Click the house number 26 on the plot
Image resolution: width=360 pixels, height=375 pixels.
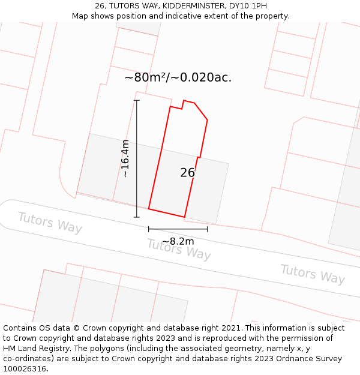(x=187, y=173)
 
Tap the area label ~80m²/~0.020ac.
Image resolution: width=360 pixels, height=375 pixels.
(x=178, y=77)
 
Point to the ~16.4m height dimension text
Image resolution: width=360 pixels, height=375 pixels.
(x=125, y=158)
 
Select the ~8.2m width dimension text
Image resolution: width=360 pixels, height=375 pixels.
(x=178, y=241)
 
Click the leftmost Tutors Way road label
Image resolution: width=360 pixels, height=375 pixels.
(x=50, y=223)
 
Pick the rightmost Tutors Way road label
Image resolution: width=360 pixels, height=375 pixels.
(x=313, y=274)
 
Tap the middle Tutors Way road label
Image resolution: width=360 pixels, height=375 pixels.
(x=179, y=249)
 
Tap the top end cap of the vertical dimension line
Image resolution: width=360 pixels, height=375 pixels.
(x=137, y=100)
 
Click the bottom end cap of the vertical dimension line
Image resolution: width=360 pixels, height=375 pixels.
(x=137, y=217)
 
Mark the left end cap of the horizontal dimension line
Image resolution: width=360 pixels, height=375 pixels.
(x=149, y=229)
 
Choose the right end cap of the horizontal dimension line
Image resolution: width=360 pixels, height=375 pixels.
(x=208, y=229)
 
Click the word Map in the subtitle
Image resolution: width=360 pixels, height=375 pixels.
(x=81, y=16)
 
